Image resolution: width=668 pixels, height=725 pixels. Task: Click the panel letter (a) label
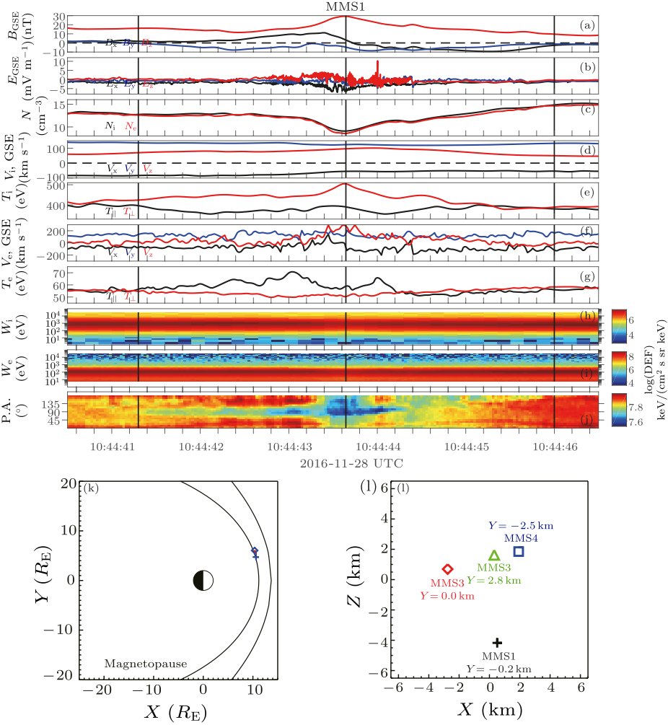(587, 26)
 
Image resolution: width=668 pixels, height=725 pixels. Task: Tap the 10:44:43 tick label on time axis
(292, 447)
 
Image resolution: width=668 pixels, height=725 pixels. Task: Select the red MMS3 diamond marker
(447, 569)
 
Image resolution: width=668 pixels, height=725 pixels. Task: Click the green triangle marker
(494, 555)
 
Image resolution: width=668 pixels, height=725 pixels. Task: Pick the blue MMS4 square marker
(518, 551)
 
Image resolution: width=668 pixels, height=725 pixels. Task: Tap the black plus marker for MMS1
(496, 642)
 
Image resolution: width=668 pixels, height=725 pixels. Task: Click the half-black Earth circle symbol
(203, 580)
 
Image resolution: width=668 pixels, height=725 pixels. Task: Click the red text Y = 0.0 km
(447, 596)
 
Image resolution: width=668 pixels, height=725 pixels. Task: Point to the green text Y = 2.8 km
(493, 580)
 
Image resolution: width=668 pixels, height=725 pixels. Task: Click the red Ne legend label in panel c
(131, 126)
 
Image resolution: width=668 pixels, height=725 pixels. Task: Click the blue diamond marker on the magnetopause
(255, 551)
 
